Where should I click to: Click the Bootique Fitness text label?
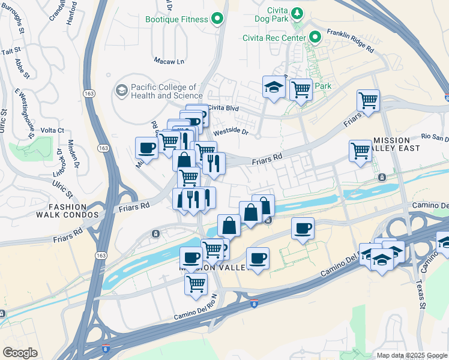(176, 19)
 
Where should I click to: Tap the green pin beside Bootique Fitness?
(217, 19)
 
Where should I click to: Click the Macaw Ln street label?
(169, 61)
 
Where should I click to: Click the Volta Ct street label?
(52, 130)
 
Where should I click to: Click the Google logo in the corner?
(20, 353)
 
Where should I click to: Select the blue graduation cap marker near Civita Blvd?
(274, 88)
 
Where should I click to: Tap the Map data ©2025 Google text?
(412, 355)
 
